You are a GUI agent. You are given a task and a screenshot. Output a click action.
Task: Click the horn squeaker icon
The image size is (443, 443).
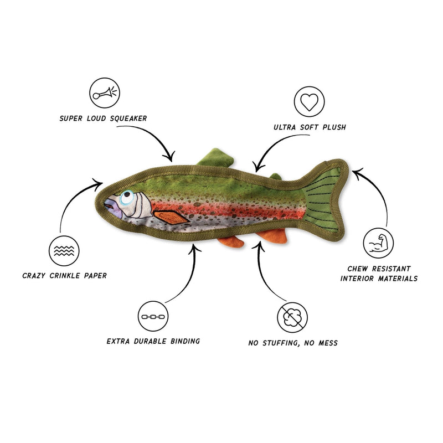coord(105,92)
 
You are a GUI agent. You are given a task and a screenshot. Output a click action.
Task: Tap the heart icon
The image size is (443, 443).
coord(309,101)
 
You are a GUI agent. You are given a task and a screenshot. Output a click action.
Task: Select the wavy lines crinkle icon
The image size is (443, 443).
coord(64,251)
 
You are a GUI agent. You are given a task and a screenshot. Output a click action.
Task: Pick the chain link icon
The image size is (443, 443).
coord(153,316)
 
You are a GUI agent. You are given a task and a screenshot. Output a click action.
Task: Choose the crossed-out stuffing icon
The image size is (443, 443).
coord(292,317)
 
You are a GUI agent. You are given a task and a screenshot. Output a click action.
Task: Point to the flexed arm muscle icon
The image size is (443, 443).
coord(378,243)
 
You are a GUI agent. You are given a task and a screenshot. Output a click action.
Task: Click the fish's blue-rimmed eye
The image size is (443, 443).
coord(127,197)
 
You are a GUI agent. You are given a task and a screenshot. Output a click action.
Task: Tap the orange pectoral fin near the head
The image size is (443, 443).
coord(171,217)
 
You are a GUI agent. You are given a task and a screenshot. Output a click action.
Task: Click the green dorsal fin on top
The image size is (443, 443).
coord(215,157)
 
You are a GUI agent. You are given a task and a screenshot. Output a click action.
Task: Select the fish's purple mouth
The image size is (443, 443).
coord(112,207)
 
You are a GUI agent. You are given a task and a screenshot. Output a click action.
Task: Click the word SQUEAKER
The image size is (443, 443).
coord(128,119)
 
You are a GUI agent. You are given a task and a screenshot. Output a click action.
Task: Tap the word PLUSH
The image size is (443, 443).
coord(334,127)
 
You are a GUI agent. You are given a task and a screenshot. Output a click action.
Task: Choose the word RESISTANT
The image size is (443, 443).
coord(391,269)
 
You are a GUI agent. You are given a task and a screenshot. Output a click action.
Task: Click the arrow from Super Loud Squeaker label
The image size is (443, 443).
coord(156,135)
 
